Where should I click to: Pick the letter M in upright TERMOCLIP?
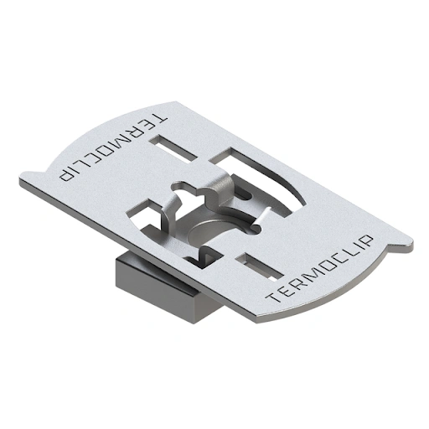click(310, 280)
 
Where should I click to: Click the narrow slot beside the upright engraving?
click(259, 266)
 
